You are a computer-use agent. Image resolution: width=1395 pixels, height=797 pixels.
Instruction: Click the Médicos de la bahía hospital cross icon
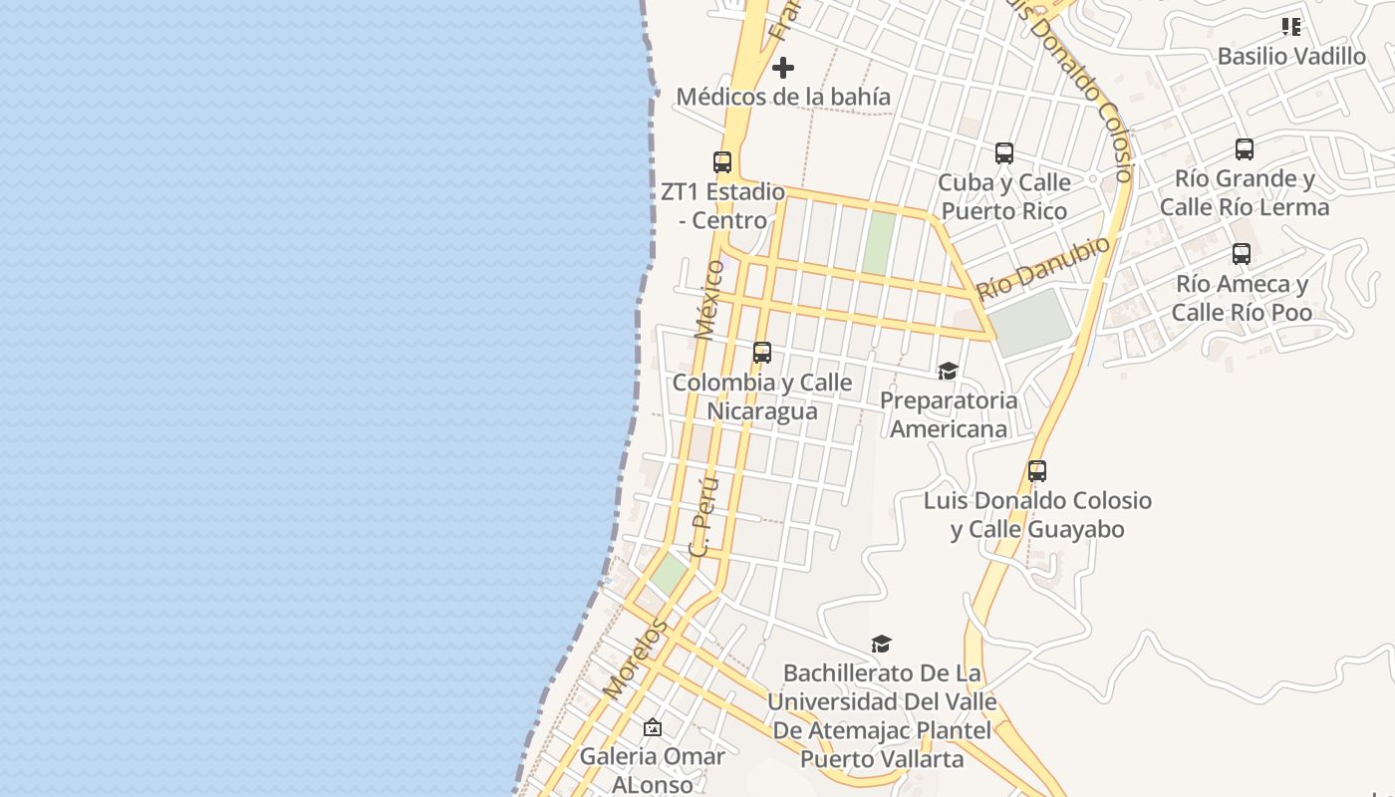point(783,68)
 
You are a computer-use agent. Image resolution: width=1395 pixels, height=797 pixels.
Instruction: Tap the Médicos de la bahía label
point(783,97)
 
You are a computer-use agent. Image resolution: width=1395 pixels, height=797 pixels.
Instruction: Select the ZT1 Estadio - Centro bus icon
point(722,161)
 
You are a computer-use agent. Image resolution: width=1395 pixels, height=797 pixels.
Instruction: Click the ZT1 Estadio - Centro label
point(722,205)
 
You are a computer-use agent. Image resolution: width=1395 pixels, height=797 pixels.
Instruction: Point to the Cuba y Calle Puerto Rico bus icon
point(1004,153)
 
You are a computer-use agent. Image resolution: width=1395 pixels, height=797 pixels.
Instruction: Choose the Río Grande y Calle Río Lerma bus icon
point(1245,149)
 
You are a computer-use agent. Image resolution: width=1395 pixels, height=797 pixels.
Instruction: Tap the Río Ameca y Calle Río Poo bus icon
point(1242,254)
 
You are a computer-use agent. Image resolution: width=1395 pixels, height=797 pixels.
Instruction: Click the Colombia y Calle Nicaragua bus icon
point(762,352)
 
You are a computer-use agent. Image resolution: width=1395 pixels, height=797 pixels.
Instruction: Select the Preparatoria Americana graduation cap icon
point(948,372)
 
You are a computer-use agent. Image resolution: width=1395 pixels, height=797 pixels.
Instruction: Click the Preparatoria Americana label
point(949,414)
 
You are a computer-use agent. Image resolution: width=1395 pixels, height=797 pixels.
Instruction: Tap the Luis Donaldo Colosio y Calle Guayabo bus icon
point(1037,471)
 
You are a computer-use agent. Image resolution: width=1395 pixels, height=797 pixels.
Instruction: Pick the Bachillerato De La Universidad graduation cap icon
point(881,644)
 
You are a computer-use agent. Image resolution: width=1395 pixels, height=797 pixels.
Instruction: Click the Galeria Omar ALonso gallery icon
point(653,727)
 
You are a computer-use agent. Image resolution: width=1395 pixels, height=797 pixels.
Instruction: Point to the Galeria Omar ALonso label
point(653,770)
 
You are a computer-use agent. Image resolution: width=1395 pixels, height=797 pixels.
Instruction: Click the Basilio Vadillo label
point(1291,56)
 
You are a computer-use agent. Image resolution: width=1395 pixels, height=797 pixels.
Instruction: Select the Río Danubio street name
point(1043,267)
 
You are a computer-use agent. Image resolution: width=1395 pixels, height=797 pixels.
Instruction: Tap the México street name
point(708,299)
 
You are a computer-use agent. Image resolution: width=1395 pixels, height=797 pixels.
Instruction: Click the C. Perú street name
point(704,516)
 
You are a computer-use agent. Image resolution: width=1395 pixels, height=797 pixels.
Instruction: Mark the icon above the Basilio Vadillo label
point(1291,27)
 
